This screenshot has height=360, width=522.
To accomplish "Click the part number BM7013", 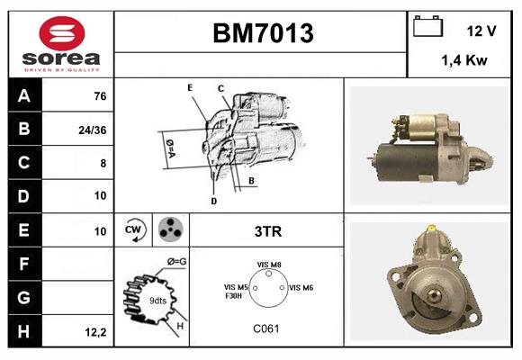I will pos(262,34).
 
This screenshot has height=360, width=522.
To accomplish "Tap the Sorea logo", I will pos(61,43).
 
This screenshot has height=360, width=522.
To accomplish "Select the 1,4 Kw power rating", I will pos(464,61).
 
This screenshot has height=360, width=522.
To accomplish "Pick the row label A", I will pos(22,96).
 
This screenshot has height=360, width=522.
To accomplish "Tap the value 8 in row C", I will pos(103,163).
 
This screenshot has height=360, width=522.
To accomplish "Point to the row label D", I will pos(22,195).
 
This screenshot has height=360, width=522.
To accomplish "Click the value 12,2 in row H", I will pos(97,332).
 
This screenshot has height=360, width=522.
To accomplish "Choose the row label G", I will pos(22,297).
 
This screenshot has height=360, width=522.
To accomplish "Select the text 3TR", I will pos(267,231).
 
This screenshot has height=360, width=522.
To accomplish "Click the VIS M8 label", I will pos(269,265).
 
